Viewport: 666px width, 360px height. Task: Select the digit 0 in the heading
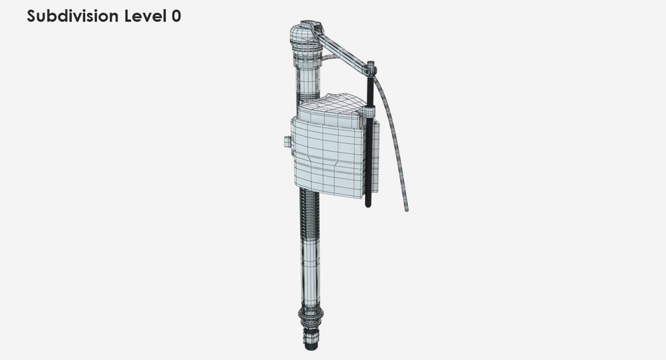176,16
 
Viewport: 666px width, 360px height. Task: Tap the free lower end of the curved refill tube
406,209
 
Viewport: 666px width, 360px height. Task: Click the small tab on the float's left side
287,141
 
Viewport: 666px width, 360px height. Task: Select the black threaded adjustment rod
368,153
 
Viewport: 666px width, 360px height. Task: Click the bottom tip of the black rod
368,206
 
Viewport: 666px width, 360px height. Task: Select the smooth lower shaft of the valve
309,274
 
